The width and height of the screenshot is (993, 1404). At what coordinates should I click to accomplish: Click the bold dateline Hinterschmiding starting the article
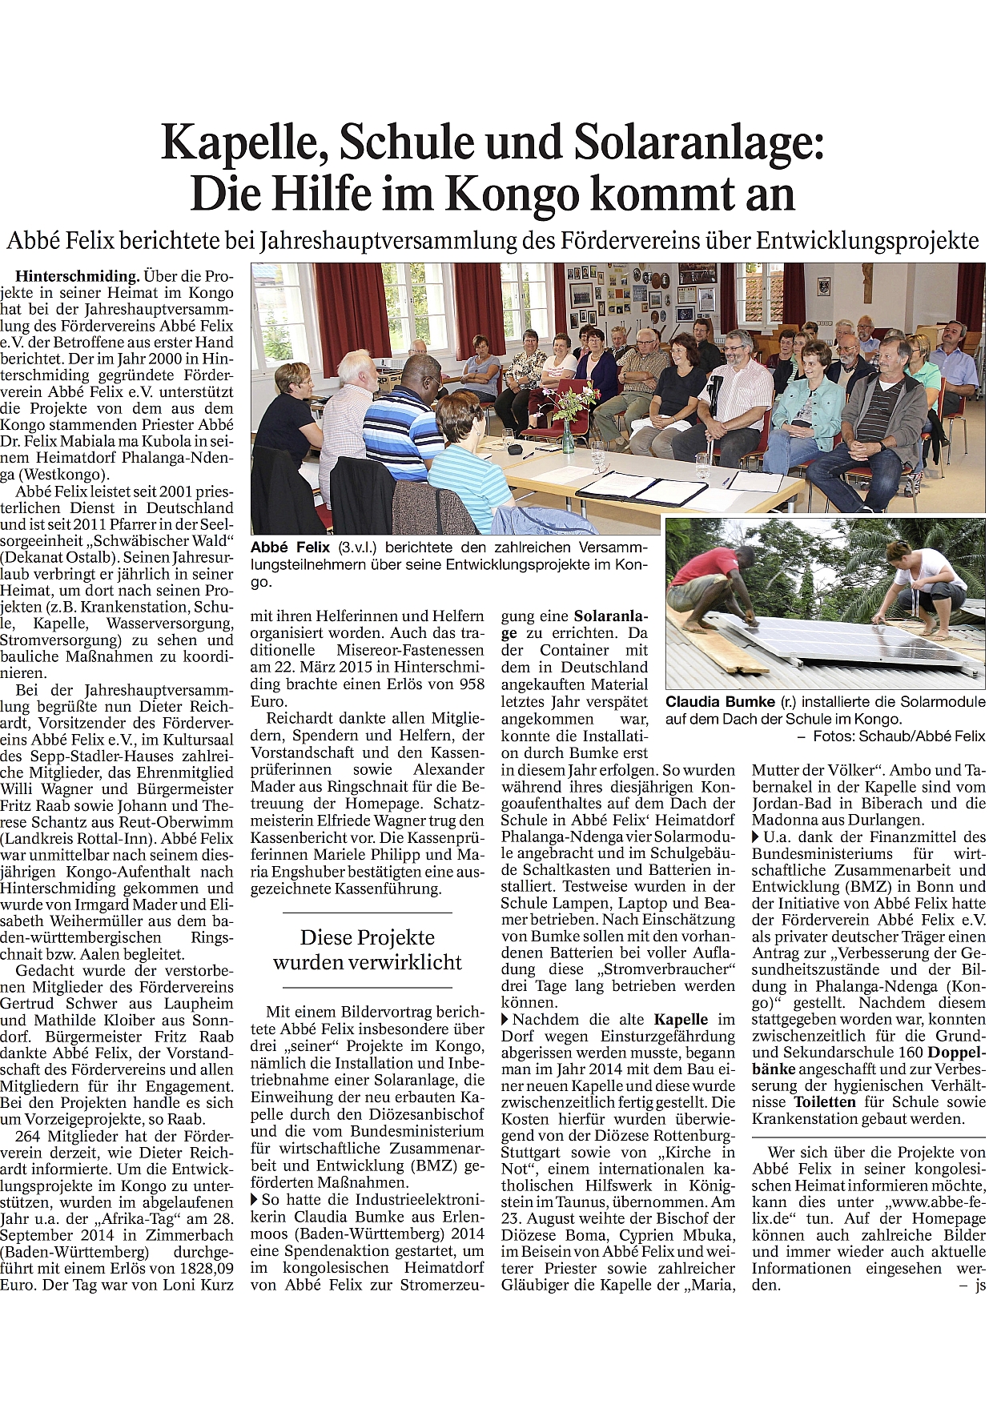tap(77, 275)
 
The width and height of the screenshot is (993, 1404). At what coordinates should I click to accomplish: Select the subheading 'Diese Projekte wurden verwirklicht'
tap(367, 949)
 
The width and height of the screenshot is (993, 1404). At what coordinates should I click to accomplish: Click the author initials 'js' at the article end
tap(979, 1285)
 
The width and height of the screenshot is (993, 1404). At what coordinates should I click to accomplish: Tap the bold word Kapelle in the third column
tap(681, 1020)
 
